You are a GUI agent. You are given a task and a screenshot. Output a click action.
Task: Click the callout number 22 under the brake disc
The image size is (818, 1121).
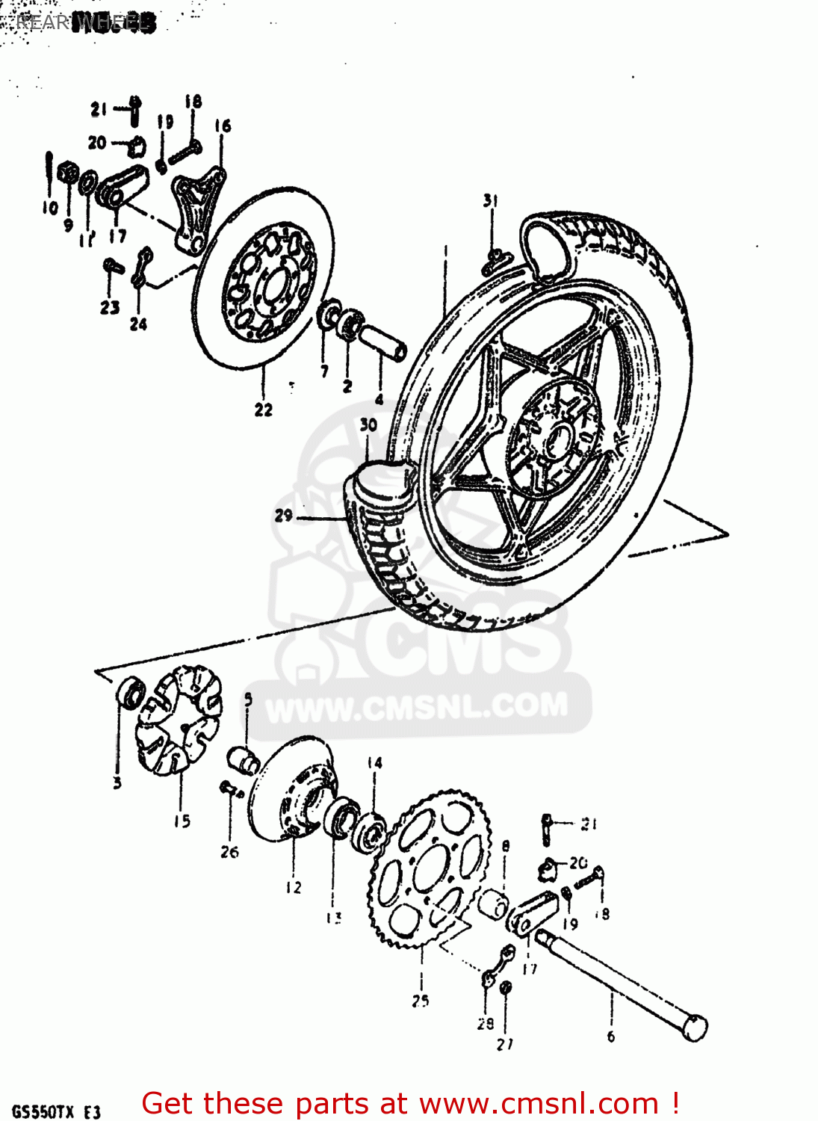pos(263,410)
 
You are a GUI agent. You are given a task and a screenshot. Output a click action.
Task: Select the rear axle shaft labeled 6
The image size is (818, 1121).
pos(620,983)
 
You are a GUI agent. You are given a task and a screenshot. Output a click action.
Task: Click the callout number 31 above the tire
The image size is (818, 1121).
pos(490,200)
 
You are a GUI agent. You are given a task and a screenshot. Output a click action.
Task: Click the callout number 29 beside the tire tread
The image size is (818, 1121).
pos(283,515)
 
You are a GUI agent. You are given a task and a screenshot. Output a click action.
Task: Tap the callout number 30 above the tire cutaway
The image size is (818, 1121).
pos(368,424)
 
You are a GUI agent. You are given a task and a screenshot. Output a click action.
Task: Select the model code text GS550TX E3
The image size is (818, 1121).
pos(56,1112)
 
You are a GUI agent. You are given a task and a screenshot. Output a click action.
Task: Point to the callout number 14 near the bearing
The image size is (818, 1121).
pos(374,762)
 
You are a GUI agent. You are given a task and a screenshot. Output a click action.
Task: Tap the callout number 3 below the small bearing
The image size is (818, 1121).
pos(117,782)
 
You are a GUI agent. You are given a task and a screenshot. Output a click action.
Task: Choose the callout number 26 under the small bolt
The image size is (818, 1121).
pos(229,851)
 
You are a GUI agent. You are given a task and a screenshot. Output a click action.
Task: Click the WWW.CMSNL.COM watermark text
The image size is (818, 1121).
pos(417,707)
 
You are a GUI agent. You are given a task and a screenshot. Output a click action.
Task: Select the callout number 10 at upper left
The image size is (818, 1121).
pos(50,207)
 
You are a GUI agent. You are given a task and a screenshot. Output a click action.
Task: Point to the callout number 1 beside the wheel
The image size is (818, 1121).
pos(445,250)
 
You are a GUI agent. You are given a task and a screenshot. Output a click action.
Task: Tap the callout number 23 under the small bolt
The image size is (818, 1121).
pos(110,307)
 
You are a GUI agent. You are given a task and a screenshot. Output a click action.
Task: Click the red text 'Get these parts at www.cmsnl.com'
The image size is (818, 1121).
pos(410,1103)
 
